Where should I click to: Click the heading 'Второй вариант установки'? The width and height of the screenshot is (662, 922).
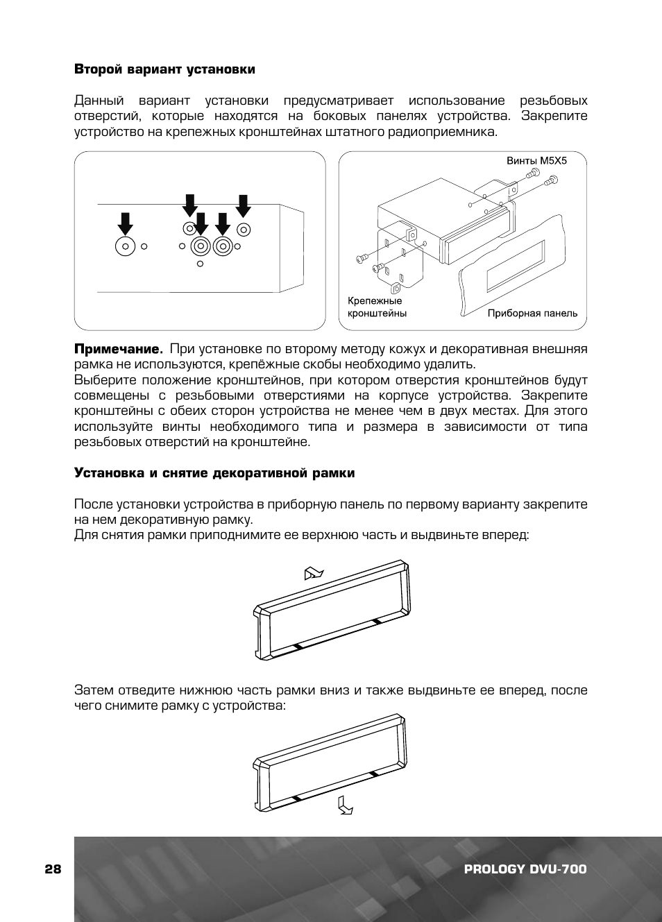(x=164, y=69)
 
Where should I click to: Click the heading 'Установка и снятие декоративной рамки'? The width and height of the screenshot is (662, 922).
(x=214, y=473)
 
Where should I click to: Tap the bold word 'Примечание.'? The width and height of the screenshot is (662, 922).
(x=118, y=349)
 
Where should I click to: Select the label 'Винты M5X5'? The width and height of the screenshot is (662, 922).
(x=536, y=160)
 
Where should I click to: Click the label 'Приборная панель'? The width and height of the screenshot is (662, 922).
(x=532, y=313)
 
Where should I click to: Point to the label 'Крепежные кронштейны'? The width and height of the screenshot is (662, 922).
(x=377, y=307)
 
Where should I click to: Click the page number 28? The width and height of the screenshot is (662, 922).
(x=53, y=869)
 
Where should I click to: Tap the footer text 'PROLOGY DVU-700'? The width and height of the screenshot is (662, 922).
(x=525, y=869)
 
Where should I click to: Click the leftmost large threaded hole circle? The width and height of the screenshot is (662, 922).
(x=126, y=246)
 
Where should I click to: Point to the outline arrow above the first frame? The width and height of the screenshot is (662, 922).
(x=314, y=573)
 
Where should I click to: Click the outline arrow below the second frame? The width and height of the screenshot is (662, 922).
(x=345, y=805)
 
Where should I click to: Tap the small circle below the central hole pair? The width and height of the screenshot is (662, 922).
(x=201, y=264)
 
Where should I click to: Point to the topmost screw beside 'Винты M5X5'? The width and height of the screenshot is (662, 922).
(x=534, y=171)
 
